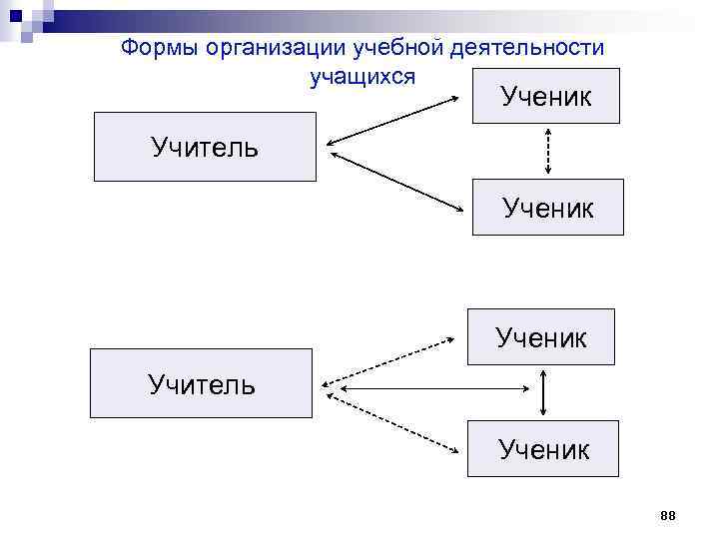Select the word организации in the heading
pos(263,48)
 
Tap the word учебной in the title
pos(387,48)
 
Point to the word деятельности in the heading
pos(528,48)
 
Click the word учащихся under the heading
pos(361,76)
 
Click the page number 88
pos(668,514)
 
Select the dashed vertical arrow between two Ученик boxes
pos(546,151)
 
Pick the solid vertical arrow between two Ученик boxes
pos(542,391)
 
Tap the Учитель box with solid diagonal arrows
pos(205,147)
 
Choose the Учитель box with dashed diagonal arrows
pos(201,382)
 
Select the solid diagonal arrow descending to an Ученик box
pos(398,182)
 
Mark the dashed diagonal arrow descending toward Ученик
pos(393,418)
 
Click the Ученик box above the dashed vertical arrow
pos(545,96)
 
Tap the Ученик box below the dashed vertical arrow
pos(547,207)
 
